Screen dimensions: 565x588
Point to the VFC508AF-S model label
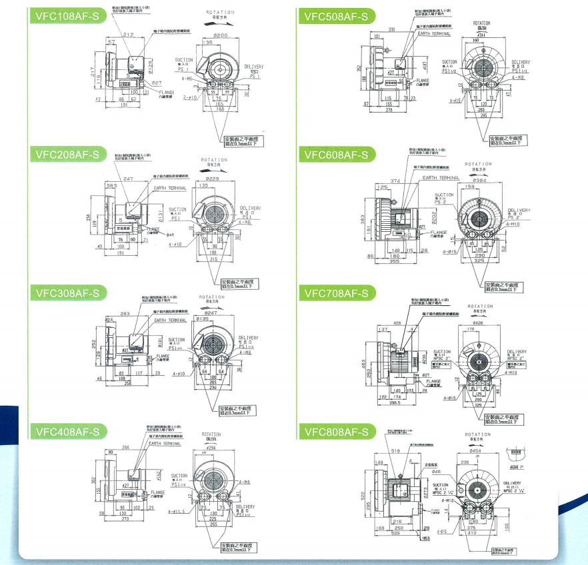point(335,17)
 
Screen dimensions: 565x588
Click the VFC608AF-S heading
point(335,155)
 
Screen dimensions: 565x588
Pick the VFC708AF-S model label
point(335,292)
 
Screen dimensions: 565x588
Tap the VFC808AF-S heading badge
point(335,431)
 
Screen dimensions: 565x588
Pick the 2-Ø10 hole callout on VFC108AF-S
point(191,97)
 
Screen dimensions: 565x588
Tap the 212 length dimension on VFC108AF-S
point(129,35)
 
